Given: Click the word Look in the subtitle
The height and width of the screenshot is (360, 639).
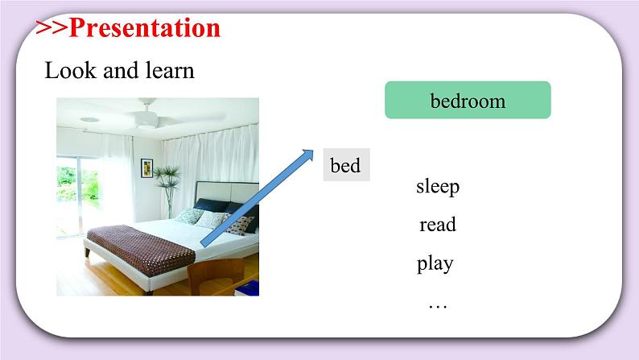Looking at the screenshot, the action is tap(70, 70).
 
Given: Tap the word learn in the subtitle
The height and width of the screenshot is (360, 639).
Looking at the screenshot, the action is tap(170, 70).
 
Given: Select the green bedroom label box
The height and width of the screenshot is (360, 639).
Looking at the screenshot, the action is tap(468, 100).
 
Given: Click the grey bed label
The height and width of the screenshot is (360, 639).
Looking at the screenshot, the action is tap(346, 165).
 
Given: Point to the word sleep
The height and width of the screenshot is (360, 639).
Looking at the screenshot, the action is tap(438, 187).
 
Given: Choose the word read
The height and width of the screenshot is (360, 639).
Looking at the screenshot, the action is tap(438, 224).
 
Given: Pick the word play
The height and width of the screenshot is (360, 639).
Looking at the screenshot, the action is tap(435, 264).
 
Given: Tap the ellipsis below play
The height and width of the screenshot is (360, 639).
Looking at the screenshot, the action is tap(438, 307).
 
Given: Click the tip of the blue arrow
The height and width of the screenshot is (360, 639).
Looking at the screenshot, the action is tap(313, 150).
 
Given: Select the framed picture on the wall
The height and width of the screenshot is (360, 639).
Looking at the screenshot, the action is tap(146, 168).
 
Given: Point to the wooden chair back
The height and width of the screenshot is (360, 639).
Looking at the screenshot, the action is tap(216, 275).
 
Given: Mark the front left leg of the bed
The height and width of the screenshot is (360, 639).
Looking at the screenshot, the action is tap(87, 252).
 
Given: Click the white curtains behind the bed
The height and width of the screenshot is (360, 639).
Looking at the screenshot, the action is tap(210, 155).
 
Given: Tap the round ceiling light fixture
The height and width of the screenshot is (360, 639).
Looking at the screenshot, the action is tap(89, 120).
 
